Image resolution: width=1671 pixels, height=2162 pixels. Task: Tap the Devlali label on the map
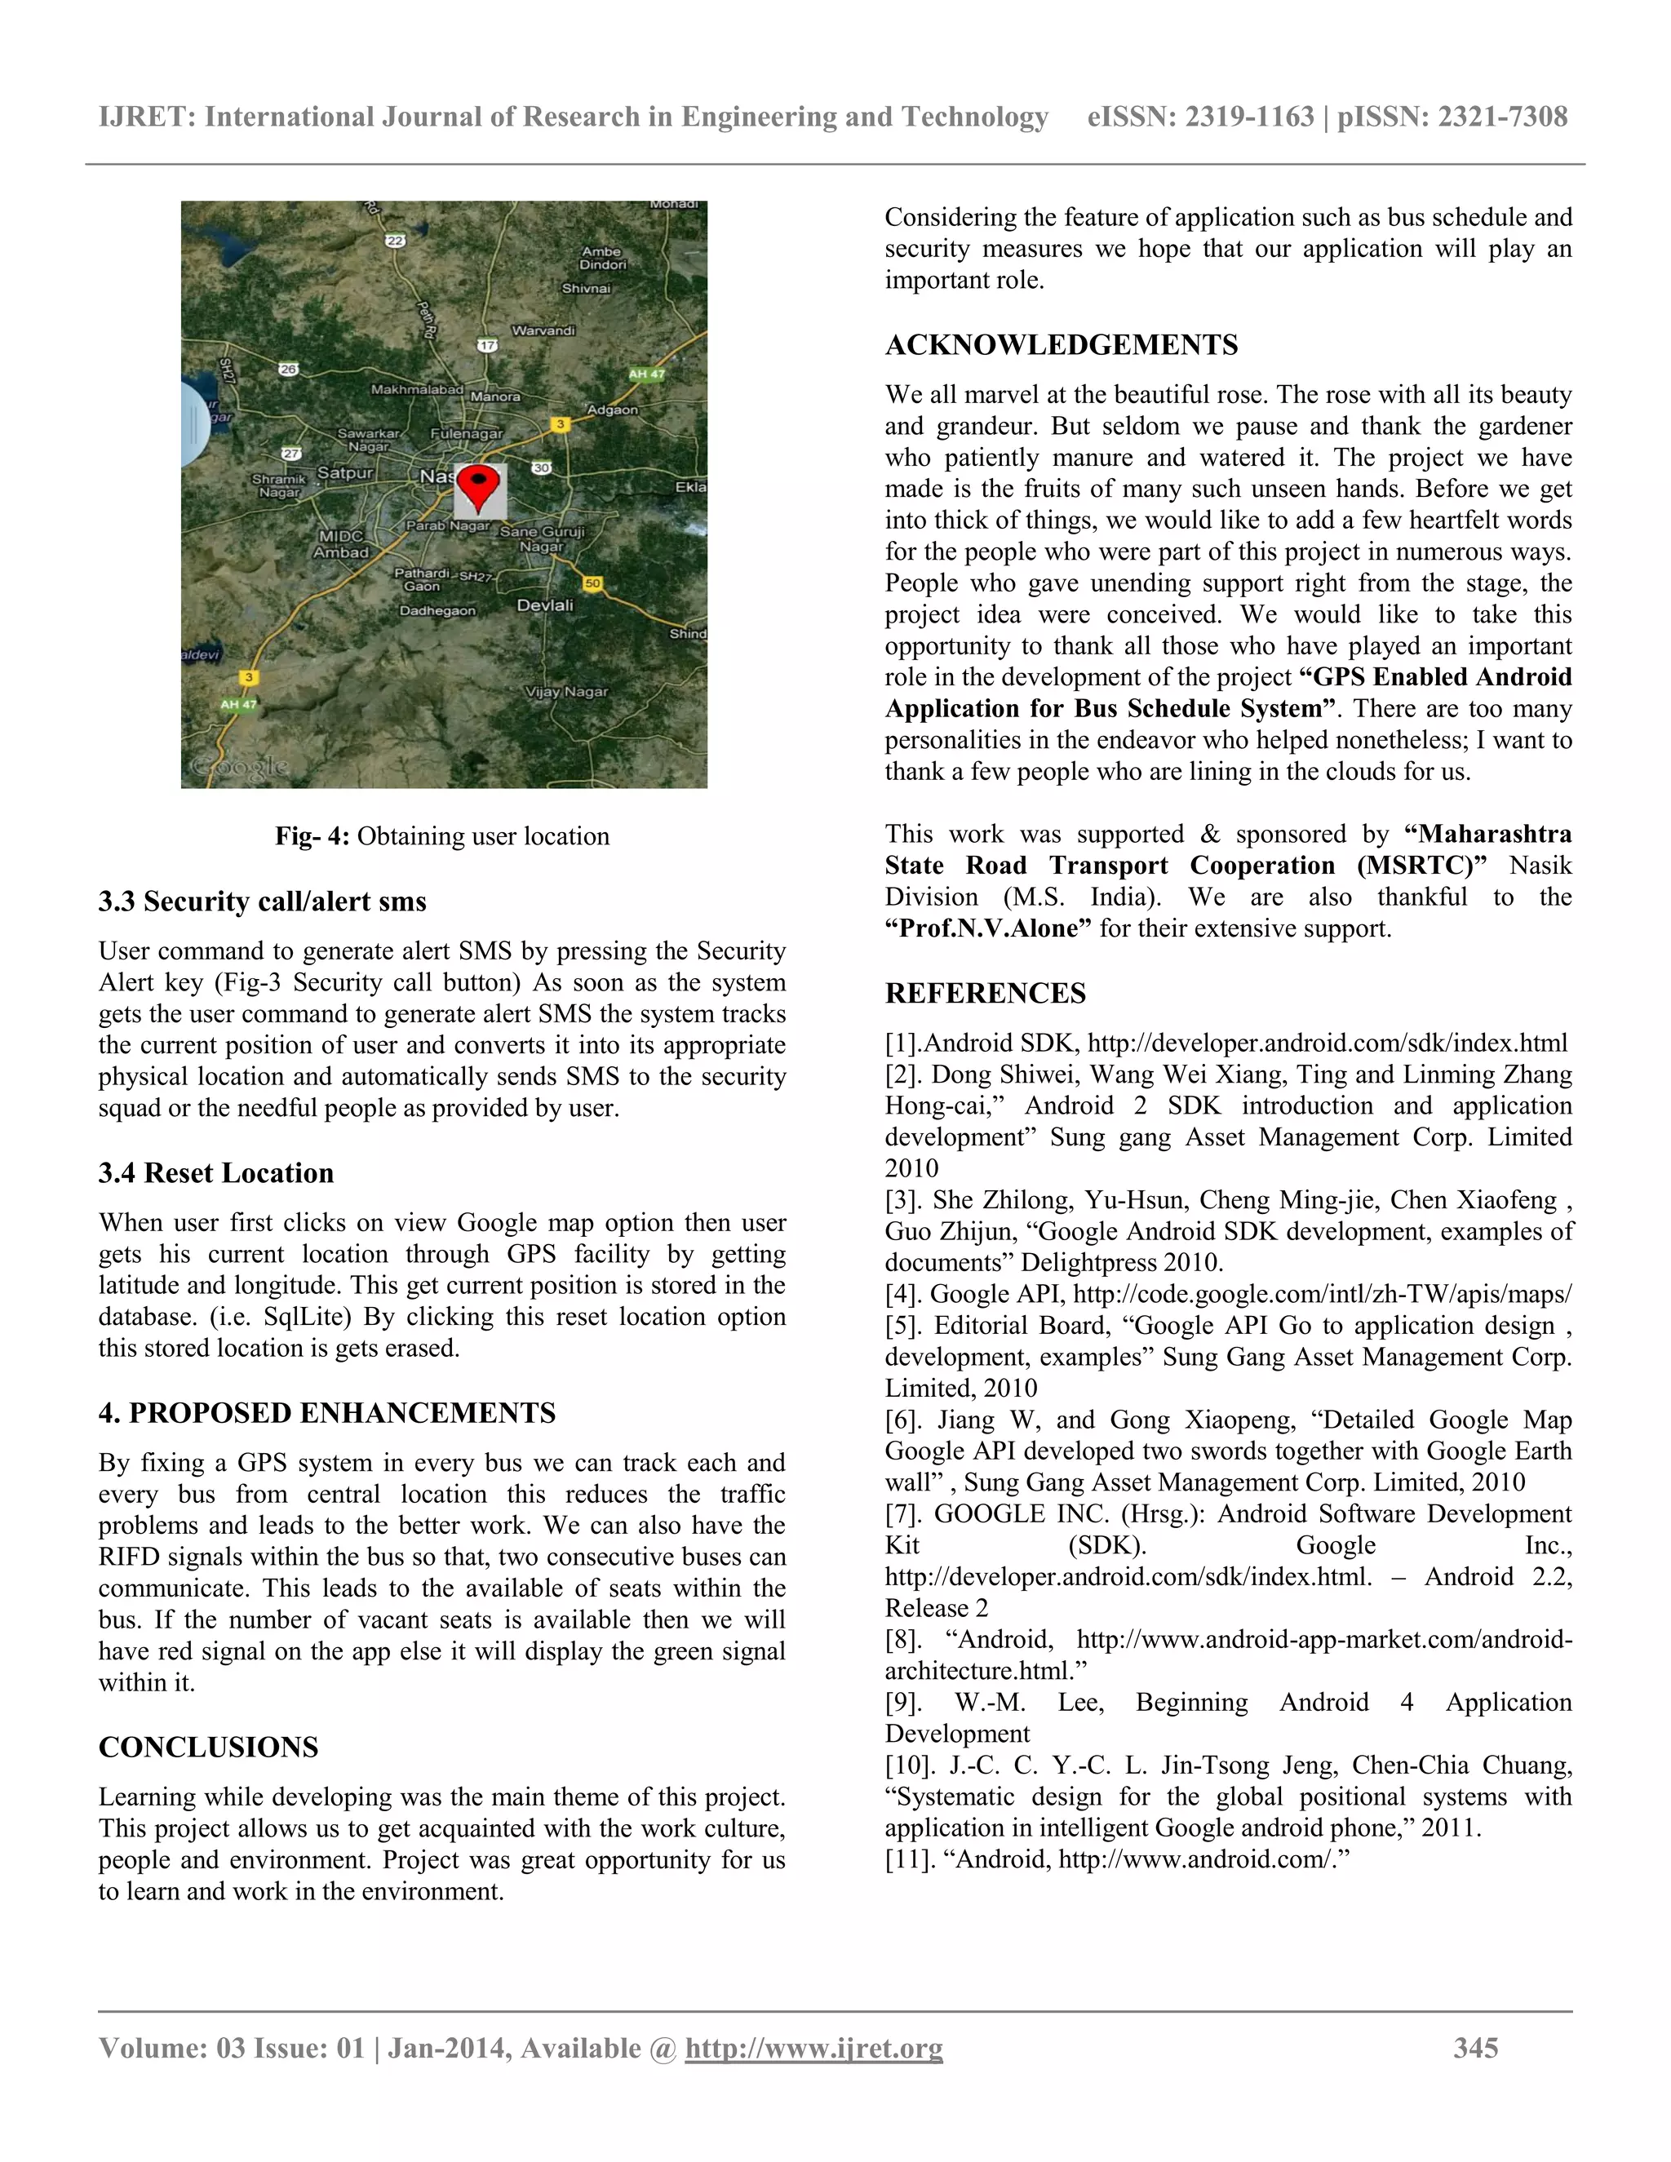(544, 605)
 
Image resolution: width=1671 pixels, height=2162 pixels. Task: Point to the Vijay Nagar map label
(567, 692)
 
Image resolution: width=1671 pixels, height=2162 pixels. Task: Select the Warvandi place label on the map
(543, 330)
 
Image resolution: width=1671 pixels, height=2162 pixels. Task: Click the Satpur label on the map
(344, 473)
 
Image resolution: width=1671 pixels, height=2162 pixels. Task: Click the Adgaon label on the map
(613, 409)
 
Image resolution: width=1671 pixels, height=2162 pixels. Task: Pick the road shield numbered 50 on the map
(592, 583)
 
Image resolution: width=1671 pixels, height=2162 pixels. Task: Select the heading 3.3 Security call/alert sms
(263, 902)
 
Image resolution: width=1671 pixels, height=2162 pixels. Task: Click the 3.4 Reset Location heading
(215, 1173)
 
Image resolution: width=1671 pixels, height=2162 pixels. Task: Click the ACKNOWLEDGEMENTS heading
(1062, 344)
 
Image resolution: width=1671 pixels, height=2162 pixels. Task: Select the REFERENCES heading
(985, 993)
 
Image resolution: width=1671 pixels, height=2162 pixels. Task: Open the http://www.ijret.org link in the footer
(813, 2048)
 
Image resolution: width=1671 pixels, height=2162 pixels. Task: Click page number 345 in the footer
(1475, 2048)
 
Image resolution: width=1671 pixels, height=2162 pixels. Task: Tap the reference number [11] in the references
(909, 1859)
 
